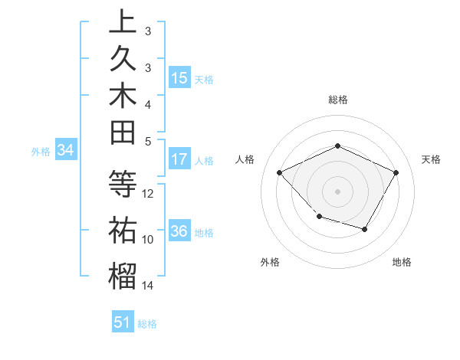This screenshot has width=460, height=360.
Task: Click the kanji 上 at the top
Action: point(123,21)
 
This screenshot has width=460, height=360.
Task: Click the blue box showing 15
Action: point(179,77)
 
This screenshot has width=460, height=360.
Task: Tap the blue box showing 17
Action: point(179,159)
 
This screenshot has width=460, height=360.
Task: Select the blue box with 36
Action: point(179,231)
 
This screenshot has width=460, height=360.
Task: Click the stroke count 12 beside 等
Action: point(149,194)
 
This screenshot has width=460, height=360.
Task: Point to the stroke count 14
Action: point(149,286)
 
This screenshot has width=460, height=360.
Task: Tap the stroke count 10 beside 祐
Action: point(149,240)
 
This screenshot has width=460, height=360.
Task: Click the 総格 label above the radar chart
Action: point(338,100)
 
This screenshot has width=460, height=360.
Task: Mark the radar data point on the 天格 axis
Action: point(396,172)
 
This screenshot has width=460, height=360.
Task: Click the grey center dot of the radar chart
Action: point(337,191)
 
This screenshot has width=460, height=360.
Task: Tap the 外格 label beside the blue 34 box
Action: point(41,152)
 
